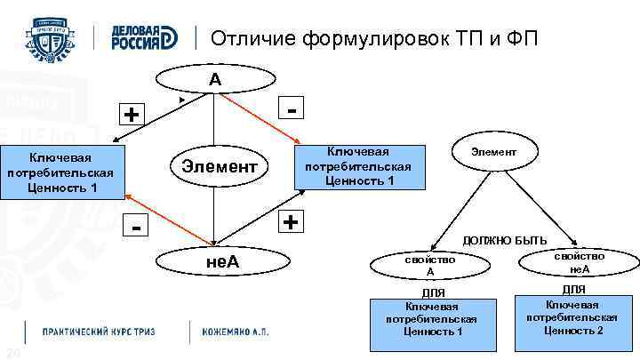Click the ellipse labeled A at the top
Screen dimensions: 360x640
(215, 80)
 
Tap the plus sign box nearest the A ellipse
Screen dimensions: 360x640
(132, 115)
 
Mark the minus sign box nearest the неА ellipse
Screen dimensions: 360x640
(136, 228)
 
